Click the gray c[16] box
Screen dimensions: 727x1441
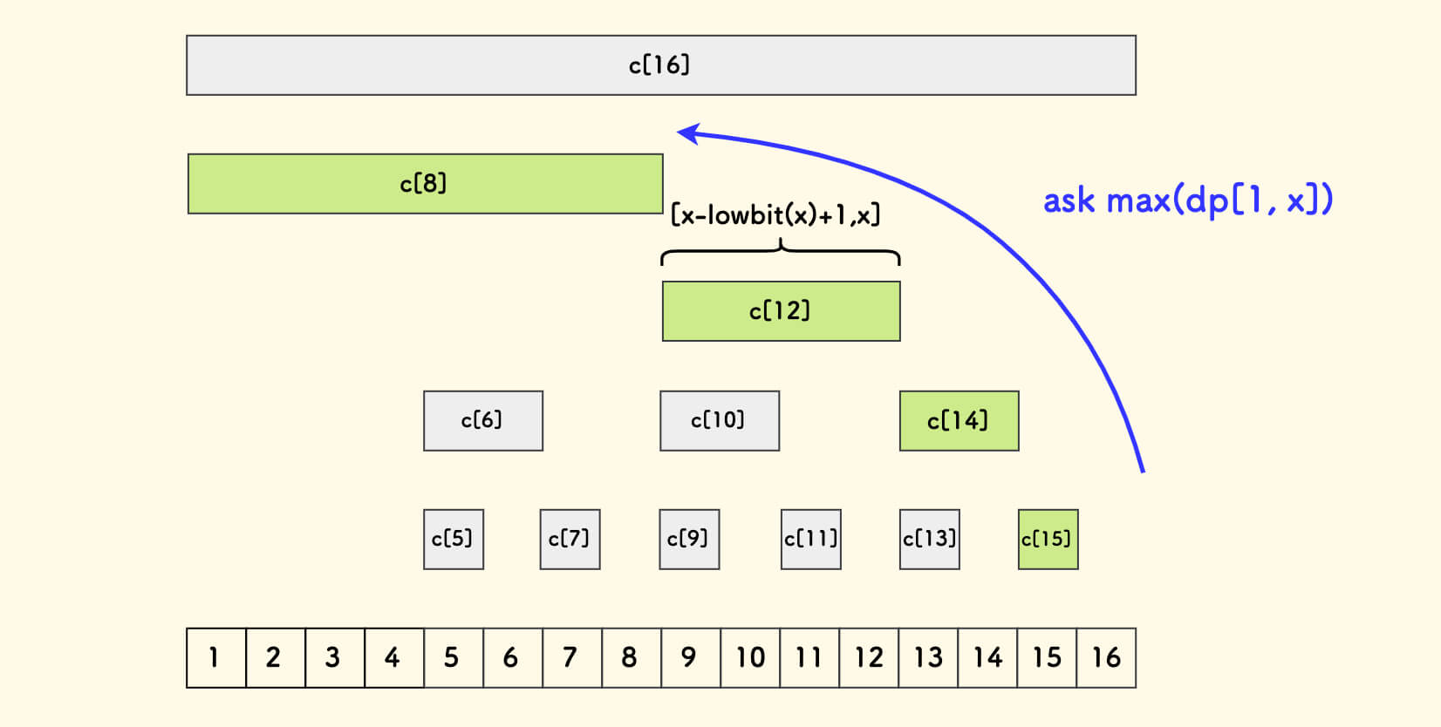pyautogui.click(x=660, y=65)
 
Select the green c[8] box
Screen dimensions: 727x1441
pyautogui.click(x=425, y=184)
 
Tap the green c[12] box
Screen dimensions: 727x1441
pyautogui.click(x=781, y=311)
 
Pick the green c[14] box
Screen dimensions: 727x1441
pyautogui.click(x=959, y=421)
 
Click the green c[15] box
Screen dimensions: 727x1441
pyautogui.click(x=1048, y=540)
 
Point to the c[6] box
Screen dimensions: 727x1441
pyautogui.click(x=482, y=421)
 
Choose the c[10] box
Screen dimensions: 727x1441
pyautogui.click(x=719, y=421)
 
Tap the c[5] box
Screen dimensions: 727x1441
pyautogui.click(x=453, y=540)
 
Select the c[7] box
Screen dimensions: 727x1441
pyautogui.click(x=570, y=540)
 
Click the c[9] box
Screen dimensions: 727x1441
pyautogui.click(x=689, y=540)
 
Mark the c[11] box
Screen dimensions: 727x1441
pyautogui.click(x=810, y=540)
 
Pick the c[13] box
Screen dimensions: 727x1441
pyautogui.click(x=929, y=540)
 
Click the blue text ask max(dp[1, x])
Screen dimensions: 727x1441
pyautogui.click(x=1187, y=200)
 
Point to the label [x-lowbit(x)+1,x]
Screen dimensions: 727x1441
pyautogui.click(x=775, y=214)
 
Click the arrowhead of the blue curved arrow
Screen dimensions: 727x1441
pyautogui.click(x=687, y=133)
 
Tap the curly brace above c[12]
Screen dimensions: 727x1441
pyautogui.click(x=781, y=253)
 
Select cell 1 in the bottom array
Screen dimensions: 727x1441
pyautogui.click(x=215, y=657)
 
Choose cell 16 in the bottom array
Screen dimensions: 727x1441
pyautogui.click(x=1106, y=657)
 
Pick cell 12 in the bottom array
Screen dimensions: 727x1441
pyautogui.click(x=869, y=657)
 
